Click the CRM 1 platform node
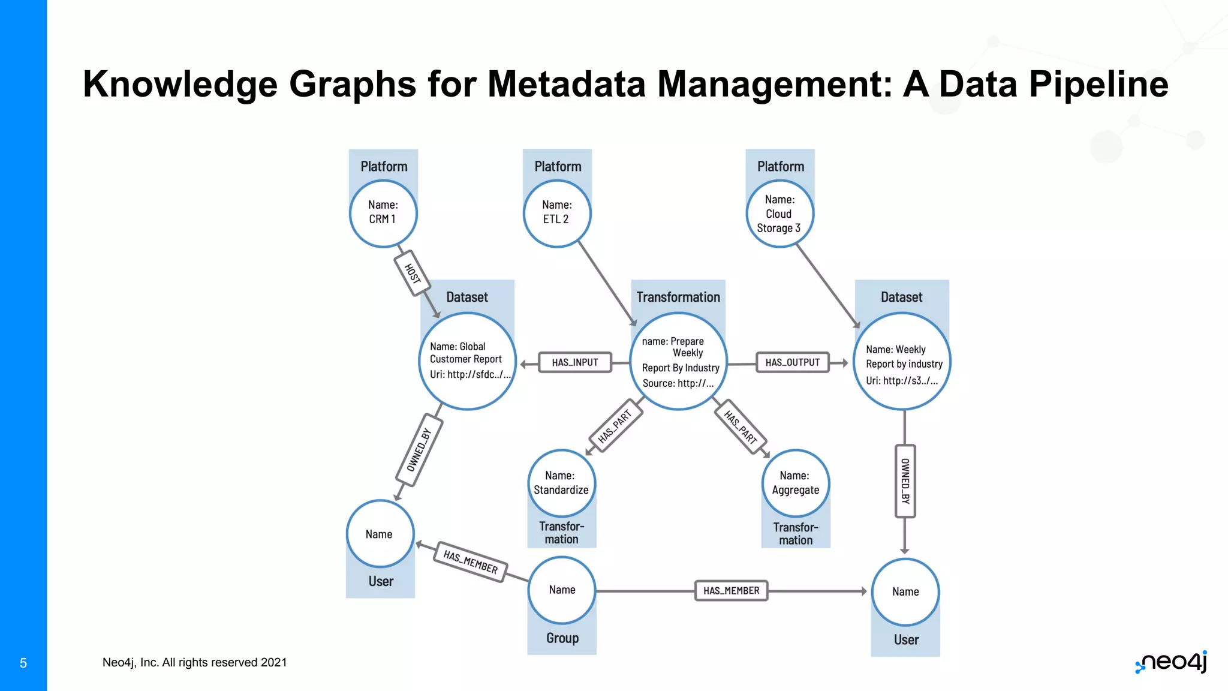tap(383, 214)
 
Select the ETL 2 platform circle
tap(557, 214)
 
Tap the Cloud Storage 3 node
tap(780, 214)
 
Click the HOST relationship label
tap(413, 274)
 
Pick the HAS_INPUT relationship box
tap(575, 362)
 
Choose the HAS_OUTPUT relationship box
tap(793, 362)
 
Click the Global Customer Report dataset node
tap(468, 361)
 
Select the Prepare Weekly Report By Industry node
tap(679, 361)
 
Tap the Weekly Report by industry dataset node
tap(902, 362)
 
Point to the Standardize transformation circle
tap(562, 483)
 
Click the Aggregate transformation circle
tap(796, 483)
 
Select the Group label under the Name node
tap(562, 638)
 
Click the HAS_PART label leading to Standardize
tap(616, 425)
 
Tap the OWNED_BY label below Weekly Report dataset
tap(905, 481)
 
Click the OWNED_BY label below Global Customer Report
tap(419, 450)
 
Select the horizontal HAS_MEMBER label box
tap(732, 591)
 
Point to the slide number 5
tap(23, 663)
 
